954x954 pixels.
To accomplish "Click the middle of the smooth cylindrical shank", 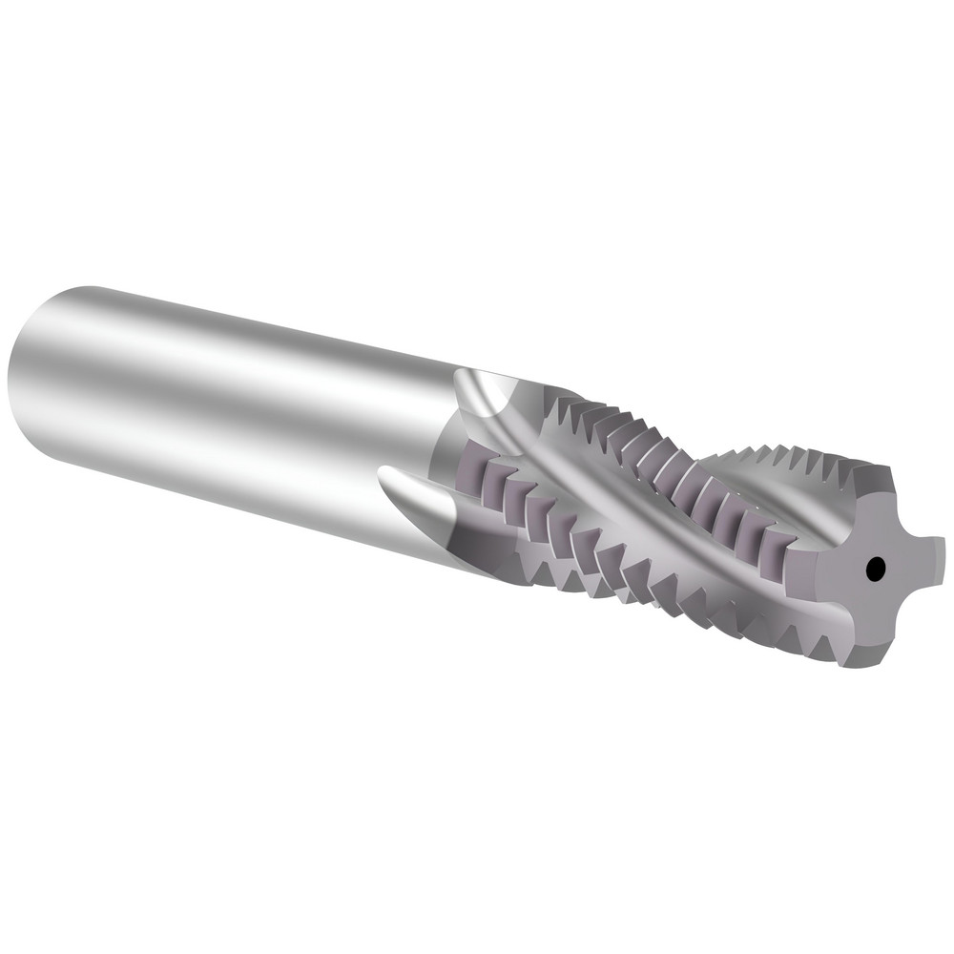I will pos(238,401).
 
